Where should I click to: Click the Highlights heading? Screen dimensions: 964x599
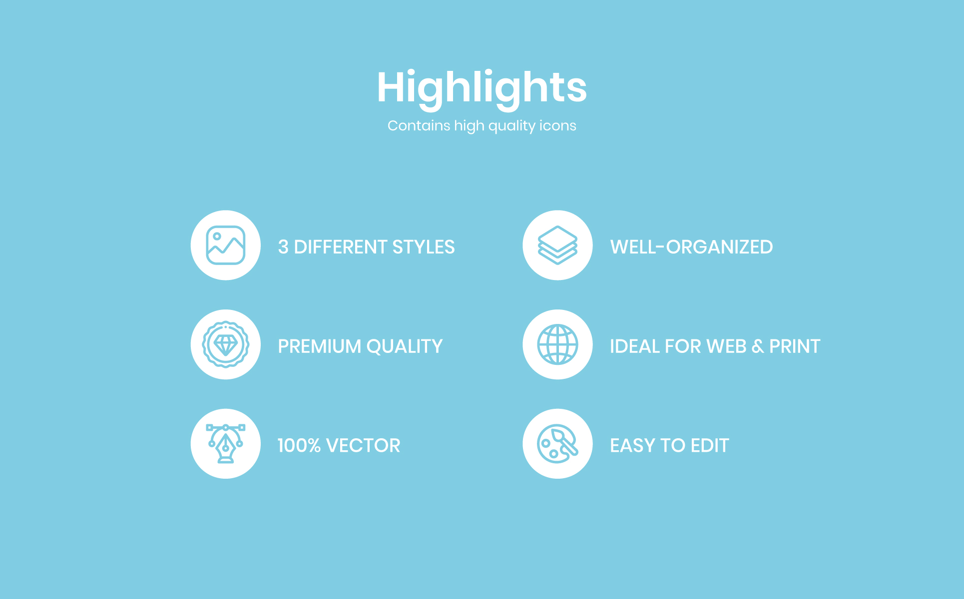482,88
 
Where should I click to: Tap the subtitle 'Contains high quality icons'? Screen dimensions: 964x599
482,126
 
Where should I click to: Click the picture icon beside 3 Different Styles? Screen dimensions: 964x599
226,245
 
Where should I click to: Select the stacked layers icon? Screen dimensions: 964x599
557,245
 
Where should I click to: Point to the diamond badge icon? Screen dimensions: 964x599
226,344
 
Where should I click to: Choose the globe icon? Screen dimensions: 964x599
557,344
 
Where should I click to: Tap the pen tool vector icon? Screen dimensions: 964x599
226,443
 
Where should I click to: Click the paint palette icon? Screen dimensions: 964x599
557,444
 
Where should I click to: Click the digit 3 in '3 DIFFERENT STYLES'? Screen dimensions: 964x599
283,247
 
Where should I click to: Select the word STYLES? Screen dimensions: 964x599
424,247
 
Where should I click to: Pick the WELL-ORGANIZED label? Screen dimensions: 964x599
691,247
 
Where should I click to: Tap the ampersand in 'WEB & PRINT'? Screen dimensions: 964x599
758,346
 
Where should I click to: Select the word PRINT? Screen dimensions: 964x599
795,346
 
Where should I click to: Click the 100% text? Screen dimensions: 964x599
299,446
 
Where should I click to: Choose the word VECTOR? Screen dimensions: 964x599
363,446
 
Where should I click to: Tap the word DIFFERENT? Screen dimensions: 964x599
341,247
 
